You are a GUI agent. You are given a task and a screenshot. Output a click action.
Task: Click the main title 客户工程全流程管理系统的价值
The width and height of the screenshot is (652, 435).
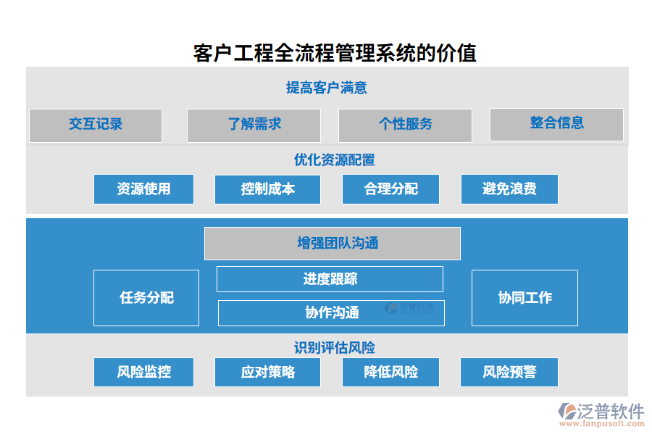pos(335,53)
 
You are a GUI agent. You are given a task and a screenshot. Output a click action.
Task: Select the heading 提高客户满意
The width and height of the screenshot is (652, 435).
pos(327,88)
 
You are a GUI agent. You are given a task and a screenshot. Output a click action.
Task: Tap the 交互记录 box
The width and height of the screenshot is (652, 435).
pos(96,125)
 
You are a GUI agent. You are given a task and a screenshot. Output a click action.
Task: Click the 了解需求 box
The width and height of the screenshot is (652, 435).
pos(254,125)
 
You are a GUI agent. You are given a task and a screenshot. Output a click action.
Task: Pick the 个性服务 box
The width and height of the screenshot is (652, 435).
pos(405,125)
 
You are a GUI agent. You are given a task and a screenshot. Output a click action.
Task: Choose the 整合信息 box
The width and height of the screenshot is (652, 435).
pos(556,124)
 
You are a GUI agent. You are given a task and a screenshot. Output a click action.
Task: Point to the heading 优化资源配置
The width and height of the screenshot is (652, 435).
pos(334,160)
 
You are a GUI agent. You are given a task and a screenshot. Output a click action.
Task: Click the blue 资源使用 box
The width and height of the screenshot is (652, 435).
pos(143,189)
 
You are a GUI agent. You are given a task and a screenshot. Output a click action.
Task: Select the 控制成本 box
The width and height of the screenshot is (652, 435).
pos(268,189)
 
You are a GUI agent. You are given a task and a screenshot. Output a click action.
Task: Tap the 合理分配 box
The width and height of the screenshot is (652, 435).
pos(391,189)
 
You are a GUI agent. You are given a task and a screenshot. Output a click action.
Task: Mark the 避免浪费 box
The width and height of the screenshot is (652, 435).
pos(509,189)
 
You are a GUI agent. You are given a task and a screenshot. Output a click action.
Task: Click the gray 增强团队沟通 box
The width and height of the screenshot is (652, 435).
pos(332,243)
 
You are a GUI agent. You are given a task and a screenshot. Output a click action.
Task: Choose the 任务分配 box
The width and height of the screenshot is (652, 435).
pos(146,298)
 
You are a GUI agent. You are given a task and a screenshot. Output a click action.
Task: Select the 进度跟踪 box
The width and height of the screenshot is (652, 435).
pos(330,279)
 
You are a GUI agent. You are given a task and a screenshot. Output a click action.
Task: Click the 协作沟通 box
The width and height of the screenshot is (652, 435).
pos(331,313)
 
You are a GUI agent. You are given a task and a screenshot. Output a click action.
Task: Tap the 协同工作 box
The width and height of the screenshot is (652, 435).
pos(524,298)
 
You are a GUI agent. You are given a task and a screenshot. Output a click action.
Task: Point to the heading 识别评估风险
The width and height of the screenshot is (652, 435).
pos(334,348)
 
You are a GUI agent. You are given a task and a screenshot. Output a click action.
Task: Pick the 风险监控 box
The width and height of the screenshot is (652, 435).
pos(143,373)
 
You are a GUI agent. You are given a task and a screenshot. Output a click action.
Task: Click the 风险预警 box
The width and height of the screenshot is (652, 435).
pos(509,373)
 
